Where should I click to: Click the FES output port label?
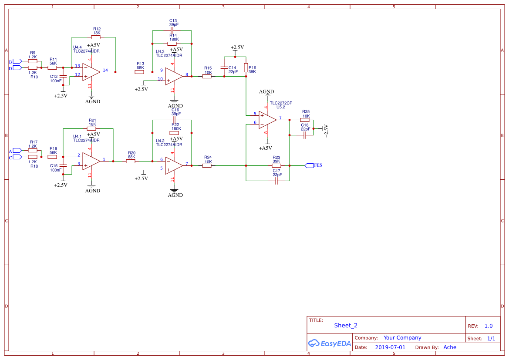(317, 165)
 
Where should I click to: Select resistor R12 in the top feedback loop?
(96, 37)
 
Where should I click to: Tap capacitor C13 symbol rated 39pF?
(172, 31)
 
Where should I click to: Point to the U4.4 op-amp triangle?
(91, 72)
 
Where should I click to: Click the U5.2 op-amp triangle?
(267, 120)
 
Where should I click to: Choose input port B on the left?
(17, 61)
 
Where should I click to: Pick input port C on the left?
(17, 157)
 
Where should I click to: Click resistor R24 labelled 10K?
(207, 165)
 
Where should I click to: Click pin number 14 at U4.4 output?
(105, 70)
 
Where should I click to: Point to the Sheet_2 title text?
(346, 325)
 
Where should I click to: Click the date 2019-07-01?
(390, 347)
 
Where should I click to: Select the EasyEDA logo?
(329, 343)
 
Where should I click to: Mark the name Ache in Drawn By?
(450, 347)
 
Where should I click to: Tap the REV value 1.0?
(489, 326)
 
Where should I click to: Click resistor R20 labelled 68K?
(131, 161)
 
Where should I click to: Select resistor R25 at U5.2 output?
(305, 120)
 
